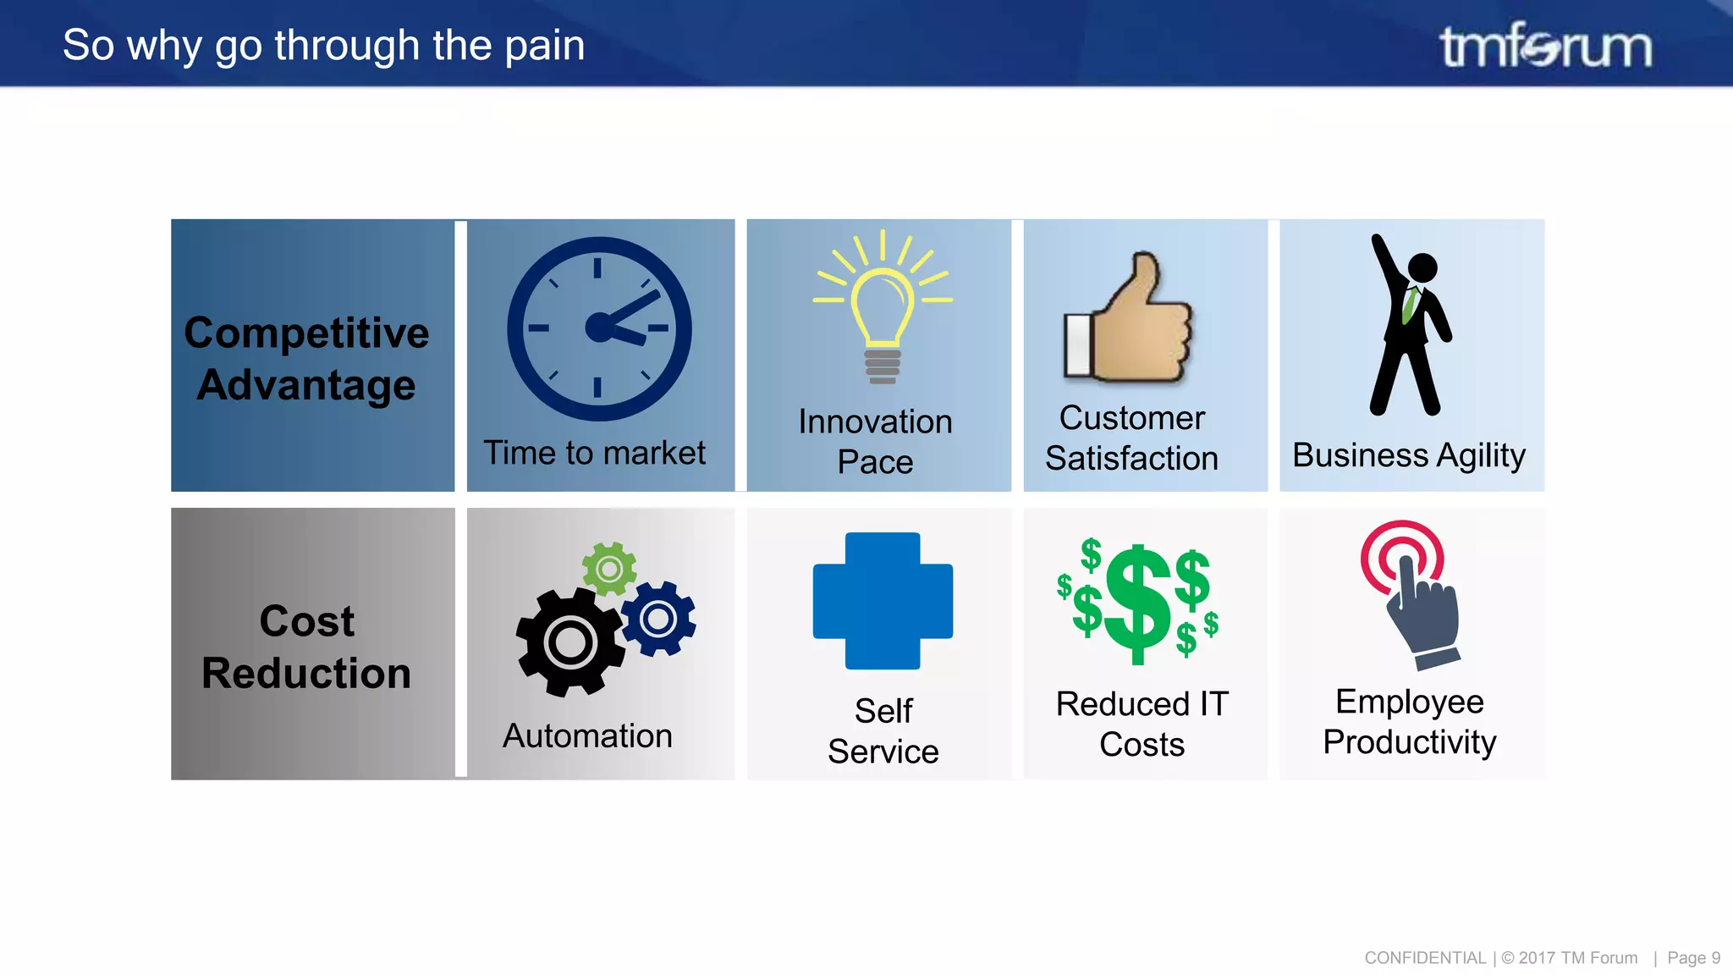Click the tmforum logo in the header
coord(1545,46)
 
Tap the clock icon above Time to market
coord(599,328)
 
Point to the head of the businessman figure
coord(1422,267)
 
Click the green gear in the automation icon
coord(608,569)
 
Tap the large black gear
coord(570,643)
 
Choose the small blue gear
coord(658,619)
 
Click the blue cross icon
coord(883,600)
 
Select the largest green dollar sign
coord(1138,603)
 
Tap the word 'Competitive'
coord(306,333)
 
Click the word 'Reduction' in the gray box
coord(306,674)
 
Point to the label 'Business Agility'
coord(1409,455)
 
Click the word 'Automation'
coord(587,735)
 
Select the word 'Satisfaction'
coord(1131,458)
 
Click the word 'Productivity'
coord(1409,742)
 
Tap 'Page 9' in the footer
coord(1693,958)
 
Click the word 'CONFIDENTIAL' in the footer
coord(1425,958)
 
